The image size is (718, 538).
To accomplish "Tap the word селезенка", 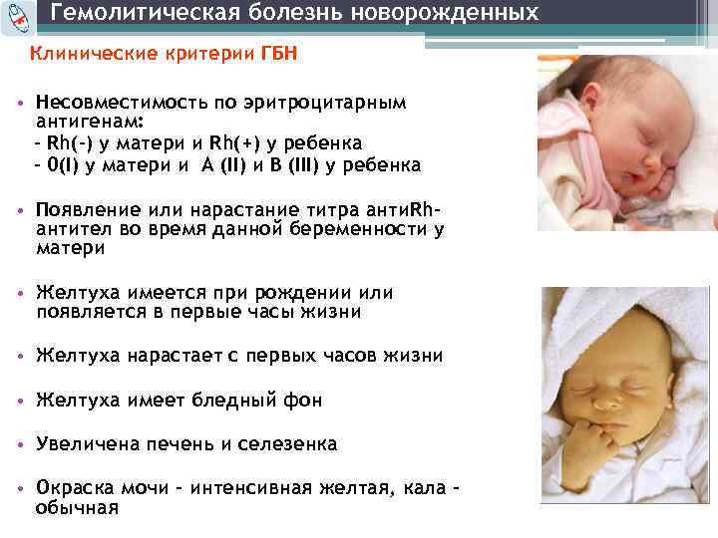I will (289, 443).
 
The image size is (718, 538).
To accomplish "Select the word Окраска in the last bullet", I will (75, 488).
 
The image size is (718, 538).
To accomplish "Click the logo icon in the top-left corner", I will (17, 14).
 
